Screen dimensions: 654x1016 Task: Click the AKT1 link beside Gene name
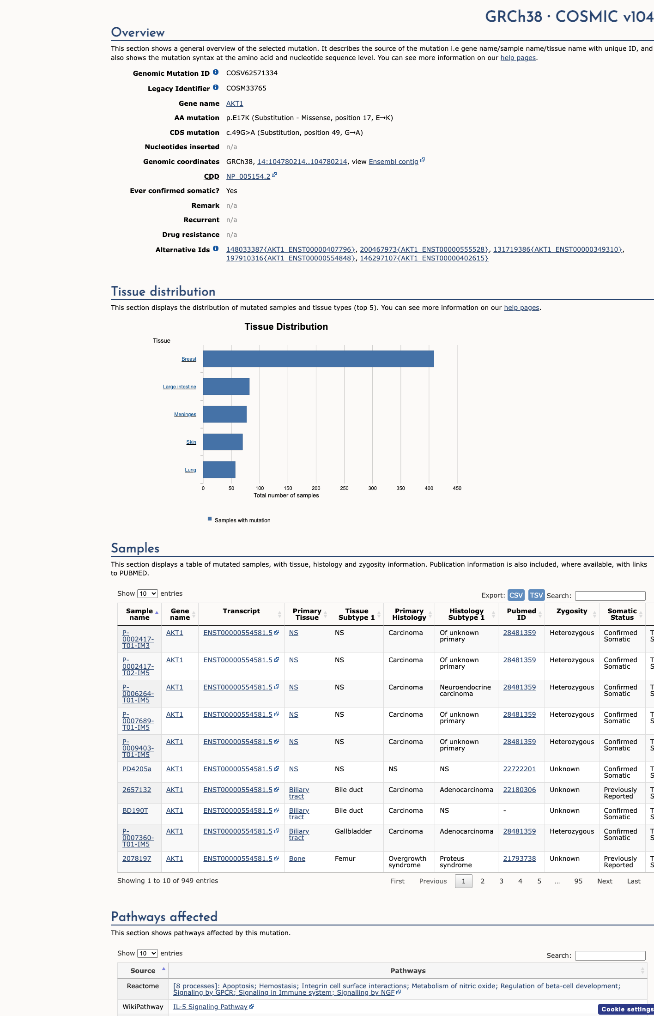point(235,103)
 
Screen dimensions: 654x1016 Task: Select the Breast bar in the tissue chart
point(319,359)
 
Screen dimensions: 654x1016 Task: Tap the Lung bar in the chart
point(219,470)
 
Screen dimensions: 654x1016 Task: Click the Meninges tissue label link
point(185,415)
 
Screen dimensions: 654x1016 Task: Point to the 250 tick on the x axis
point(344,488)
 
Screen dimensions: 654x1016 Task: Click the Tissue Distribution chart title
point(286,327)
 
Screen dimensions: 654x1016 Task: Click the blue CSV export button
point(516,595)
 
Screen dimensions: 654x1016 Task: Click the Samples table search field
point(610,596)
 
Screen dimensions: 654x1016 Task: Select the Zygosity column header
point(572,611)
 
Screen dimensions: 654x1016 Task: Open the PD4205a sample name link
point(137,769)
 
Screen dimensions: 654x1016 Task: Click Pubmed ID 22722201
point(520,769)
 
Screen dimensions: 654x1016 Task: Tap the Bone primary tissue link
point(297,859)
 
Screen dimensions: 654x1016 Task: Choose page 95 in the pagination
point(578,881)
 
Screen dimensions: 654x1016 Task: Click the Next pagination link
point(605,881)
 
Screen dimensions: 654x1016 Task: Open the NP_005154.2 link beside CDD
point(248,176)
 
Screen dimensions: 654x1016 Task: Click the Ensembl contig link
point(394,162)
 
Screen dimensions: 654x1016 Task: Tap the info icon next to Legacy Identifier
point(216,88)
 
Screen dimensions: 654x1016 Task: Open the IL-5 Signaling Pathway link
point(210,1007)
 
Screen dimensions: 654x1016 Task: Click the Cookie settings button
point(627,1009)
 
